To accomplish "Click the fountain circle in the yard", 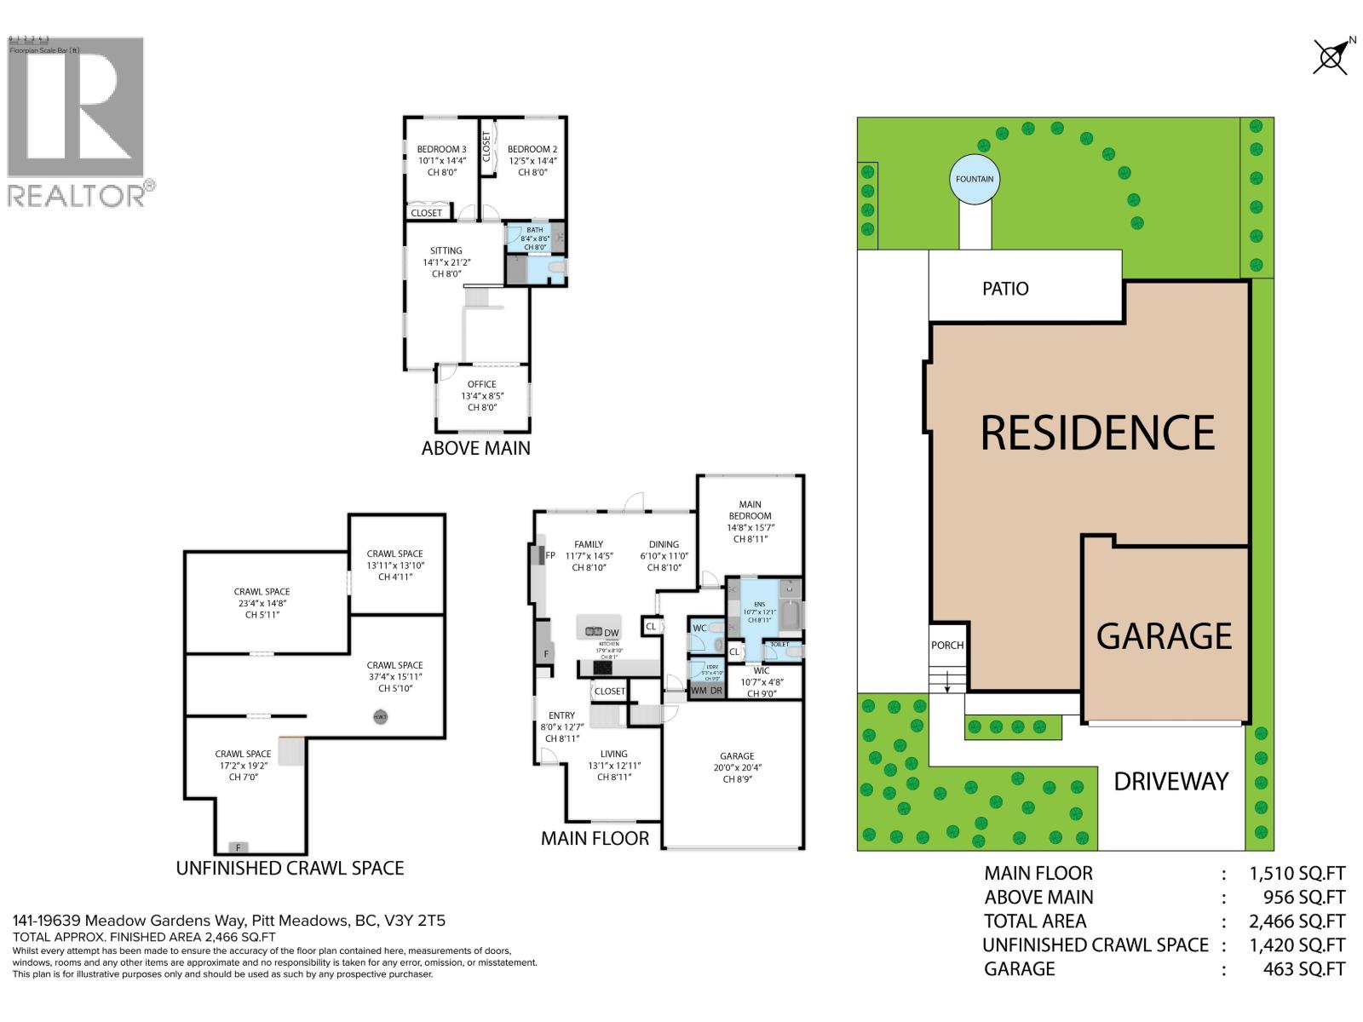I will (974, 179).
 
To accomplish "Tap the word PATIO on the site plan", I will (1005, 289).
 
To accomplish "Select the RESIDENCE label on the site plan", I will (1097, 433).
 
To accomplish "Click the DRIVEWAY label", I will (1171, 781).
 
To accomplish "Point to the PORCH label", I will (946, 645).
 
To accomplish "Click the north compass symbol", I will (1331, 56).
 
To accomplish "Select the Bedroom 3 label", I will (441, 150).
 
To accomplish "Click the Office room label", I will (481, 385).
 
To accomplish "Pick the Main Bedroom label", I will (750, 510).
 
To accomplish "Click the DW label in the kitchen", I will (611, 633).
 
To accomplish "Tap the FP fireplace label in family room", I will (550, 555).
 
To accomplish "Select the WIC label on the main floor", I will (761, 670).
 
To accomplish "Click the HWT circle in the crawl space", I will (380, 717).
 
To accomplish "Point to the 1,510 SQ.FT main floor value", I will (1297, 873).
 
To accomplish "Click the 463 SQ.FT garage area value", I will (1304, 968).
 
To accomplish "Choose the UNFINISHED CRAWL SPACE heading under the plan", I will (290, 868).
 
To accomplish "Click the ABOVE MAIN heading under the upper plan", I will (475, 448).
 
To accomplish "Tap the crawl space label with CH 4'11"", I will (394, 565).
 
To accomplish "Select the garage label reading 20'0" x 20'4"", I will (737, 767).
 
